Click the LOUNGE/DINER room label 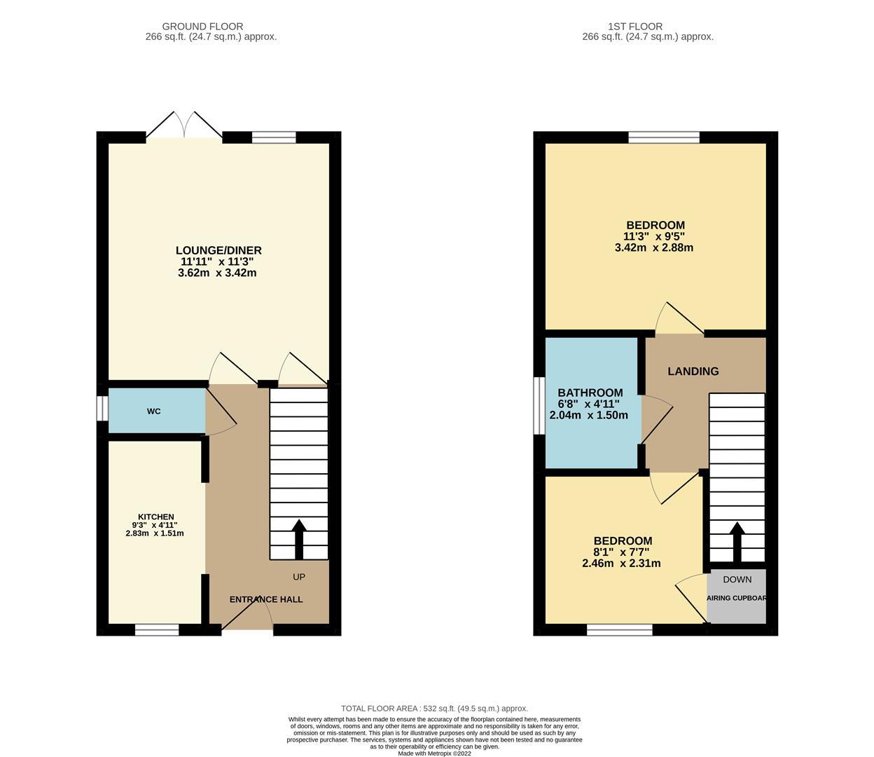tap(218, 250)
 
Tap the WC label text tap(154, 411)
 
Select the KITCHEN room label tap(155, 517)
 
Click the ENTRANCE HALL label tap(266, 599)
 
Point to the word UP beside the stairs tap(299, 577)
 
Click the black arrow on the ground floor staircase tap(299, 538)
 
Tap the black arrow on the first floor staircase tap(737, 542)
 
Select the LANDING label tap(693, 371)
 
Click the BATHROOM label tap(590, 393)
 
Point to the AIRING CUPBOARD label tap(737, 599)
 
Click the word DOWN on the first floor tap(737, 579)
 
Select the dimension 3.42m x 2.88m tap(653, 247)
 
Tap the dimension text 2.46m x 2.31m tap(622, 563)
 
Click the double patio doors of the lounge tap(184, 126)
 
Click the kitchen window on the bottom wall tap(157, 630)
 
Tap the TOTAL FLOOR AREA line tap(434, 709)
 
